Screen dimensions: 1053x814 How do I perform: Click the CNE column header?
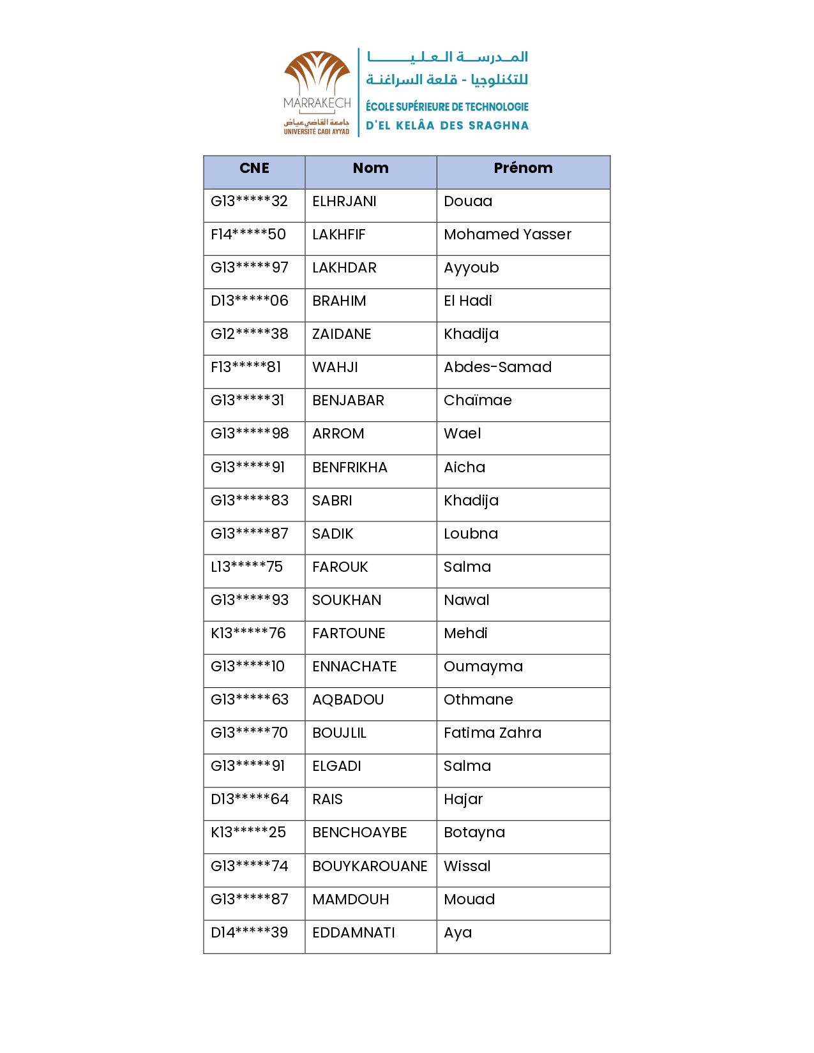click(x=254, y=168)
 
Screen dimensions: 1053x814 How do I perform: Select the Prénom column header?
click(x=523, y=168)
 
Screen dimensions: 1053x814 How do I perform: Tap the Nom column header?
click(x=370, y=168)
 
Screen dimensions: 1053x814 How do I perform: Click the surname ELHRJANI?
click(x=344, y=202)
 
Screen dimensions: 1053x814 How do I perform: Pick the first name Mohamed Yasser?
click(x=508, y=235)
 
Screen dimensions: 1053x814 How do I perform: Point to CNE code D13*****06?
click(x=250, y=301)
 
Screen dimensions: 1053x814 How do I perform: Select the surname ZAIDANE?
click(x=342, y=334)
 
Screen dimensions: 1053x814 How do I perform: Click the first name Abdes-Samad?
click(x=497, y=368)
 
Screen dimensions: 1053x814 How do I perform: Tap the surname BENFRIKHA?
click(x=350, y=468)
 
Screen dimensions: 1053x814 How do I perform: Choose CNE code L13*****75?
click(x=246, y=567)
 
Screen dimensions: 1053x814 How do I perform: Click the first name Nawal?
click(x=467, y=601)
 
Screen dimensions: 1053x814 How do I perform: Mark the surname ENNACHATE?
click(x=354, y=667)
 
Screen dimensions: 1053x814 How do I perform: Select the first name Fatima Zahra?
click(x=492, y=733)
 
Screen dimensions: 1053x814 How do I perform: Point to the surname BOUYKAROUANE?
click(x=370, y=867)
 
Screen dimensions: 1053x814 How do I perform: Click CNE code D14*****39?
click(x=250, y=933)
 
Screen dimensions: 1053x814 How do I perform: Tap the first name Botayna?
click(x=474, y=833)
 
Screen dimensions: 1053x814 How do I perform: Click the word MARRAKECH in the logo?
click(x=317, y=103)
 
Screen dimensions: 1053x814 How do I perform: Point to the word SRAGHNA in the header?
click(x=499, y=126)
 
